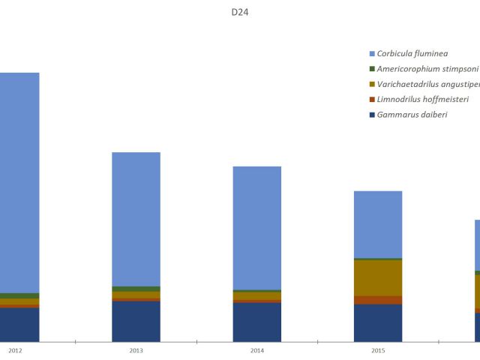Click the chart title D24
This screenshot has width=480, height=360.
[240, 12]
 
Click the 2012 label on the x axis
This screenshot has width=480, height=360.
[15, 350]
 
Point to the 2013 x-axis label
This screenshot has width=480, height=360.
[136, 350]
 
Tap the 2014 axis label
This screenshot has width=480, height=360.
[257, 350]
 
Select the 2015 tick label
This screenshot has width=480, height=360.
[378, 350]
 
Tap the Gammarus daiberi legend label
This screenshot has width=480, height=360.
[412, 115]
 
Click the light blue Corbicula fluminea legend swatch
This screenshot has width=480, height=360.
[372, 54]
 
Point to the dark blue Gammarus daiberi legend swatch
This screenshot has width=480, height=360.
[372, 115]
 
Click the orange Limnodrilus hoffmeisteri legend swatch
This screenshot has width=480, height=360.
[372, 100]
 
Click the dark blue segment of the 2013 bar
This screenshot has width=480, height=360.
[136, 321]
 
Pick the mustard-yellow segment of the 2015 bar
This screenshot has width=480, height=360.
[378, 277]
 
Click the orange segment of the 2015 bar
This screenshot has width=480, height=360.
[378, 300]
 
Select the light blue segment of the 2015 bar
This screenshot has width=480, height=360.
[378, 224]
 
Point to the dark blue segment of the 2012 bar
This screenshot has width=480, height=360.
[19, 324]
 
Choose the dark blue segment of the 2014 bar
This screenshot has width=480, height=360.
[257, 322]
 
